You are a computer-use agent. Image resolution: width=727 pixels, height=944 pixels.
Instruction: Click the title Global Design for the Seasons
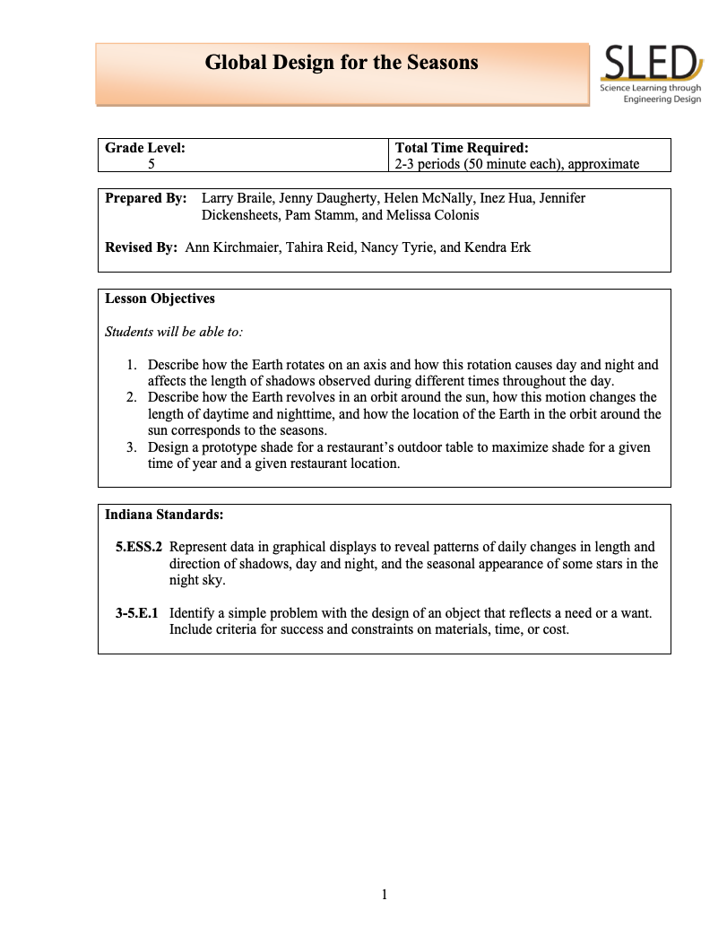342,63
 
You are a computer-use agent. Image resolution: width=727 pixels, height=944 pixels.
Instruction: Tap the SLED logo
651,74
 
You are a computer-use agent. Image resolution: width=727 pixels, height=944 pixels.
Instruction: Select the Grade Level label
145,148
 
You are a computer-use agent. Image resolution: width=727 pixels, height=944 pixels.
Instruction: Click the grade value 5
151,163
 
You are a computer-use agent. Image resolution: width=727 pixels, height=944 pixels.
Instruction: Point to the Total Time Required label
461,148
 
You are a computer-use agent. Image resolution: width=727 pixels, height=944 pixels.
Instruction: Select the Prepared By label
146,198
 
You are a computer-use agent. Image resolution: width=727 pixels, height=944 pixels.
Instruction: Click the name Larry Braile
237,198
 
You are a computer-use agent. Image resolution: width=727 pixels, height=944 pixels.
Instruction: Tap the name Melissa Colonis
435,215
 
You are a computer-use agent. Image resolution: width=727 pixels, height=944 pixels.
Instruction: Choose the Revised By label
142,247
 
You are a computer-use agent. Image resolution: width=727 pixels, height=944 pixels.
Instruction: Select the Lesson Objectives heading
160,299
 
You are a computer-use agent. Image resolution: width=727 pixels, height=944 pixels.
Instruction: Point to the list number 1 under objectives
130,365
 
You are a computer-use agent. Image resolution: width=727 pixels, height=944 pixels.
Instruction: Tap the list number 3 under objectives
130,447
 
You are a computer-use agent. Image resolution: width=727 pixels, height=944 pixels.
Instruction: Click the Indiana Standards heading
164,515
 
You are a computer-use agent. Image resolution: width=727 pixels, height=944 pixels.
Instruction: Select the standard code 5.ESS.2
138,547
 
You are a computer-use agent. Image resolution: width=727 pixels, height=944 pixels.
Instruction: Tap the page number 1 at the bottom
384,894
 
